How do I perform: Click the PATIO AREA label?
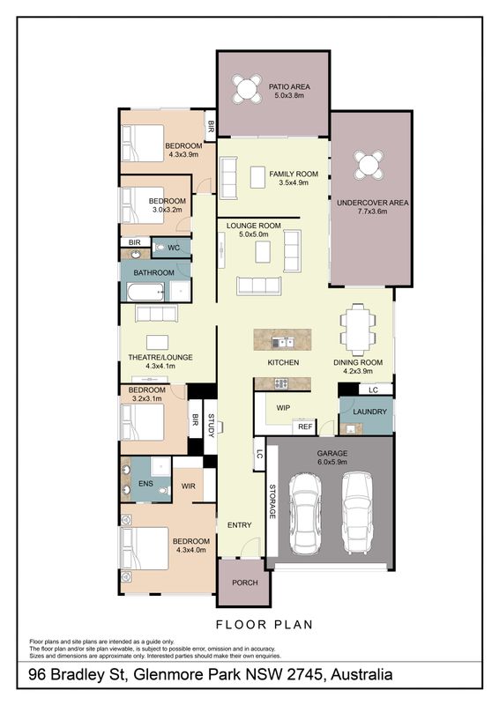(x=289, y=86)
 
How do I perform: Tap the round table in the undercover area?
(x=369, y=165)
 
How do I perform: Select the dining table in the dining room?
(x=358, y=329)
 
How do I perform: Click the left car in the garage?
(x=305, y=514)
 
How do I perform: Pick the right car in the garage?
(x=357, y=513)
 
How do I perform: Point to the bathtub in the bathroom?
(x=145, y=293)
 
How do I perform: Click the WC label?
(x=174, y=248)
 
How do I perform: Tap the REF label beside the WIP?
(x=305, y=427)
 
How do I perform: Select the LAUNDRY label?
(x=370, y=412)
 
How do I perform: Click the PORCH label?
(x=245, y=583)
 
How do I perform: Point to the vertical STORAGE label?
(x=272, y=501)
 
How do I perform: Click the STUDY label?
(x=211, y=426)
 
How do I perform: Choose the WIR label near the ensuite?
(x=188, y=486)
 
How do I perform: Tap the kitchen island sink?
(x=283, y=343)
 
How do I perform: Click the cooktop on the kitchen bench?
(x=281, y=383)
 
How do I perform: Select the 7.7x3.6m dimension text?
(x=373, y=211)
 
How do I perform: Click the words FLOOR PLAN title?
(x=264, y=625)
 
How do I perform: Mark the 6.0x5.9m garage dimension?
(x=332, y=462)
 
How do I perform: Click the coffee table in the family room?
(x=257, y=177)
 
